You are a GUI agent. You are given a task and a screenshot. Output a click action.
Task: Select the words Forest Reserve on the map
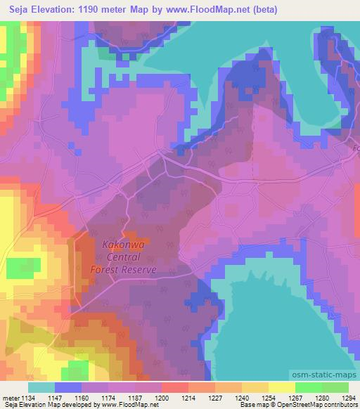point(123,269)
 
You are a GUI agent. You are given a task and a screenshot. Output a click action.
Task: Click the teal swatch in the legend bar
point(41,387)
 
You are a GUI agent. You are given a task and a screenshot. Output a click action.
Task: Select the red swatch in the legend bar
point(175,387)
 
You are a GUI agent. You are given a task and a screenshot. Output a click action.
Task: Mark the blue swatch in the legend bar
point(68,387)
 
